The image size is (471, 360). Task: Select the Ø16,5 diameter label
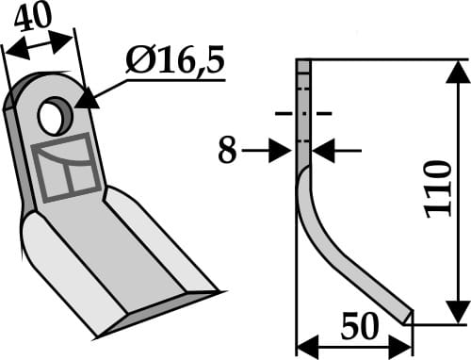(175, 64)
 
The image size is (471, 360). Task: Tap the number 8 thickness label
(227, 151)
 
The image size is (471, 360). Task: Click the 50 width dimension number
(359, 327)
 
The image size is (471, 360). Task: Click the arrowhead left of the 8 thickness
(287, 150)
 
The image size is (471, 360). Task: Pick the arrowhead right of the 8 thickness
(319, 150)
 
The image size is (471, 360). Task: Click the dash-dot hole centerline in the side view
(303, 114)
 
